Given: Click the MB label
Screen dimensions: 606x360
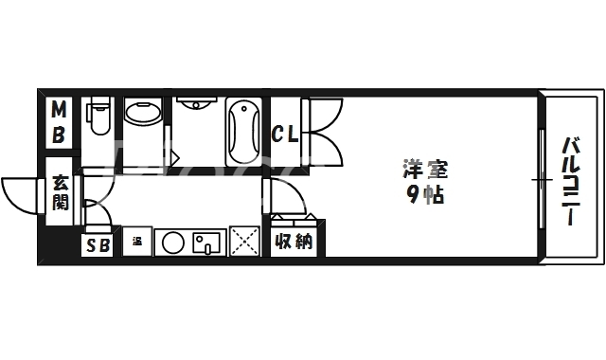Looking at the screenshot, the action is point(59,122).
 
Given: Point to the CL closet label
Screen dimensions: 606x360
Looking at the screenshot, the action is point(285,134).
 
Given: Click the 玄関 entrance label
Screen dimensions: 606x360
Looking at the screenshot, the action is point(60,192).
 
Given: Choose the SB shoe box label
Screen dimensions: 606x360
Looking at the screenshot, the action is point(97,244).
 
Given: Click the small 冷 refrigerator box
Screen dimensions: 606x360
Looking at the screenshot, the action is point(136,242).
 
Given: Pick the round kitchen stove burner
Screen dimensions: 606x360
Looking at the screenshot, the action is point(172,243).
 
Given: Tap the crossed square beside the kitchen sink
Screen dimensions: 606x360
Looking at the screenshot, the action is point(243,243).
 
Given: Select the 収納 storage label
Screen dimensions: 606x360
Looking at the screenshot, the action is point(294,243).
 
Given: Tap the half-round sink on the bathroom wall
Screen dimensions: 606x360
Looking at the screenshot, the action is point(196,103).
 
